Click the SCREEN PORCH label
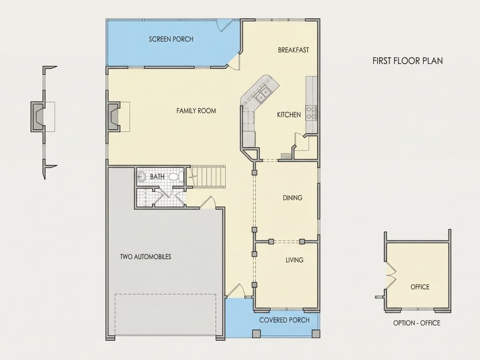(171, 39)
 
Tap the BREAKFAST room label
(293, 50)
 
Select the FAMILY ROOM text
(196, 111)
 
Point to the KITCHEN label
(289, 115)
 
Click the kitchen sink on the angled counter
(263, 94)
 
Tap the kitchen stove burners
(312, 112)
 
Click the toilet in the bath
(176, 177)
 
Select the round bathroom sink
(141, 177)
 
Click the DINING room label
(292, 198)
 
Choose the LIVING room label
(295, 260)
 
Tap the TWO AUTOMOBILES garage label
(145, 257)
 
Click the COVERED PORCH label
(285, 320)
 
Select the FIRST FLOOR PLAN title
(408, 61)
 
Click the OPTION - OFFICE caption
(417, 323)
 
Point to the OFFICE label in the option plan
(420, 287)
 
